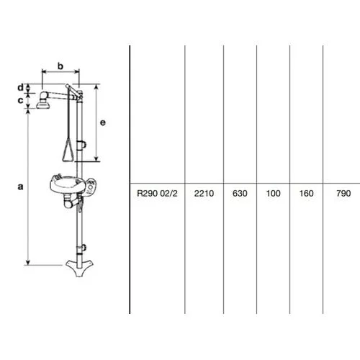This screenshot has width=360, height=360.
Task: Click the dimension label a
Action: point(21,186)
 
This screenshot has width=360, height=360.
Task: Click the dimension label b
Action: point(60,66)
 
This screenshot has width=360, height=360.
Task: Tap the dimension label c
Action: point(21,100)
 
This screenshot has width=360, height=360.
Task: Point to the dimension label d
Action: point(21,87)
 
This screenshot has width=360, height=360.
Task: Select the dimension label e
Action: point(102,122)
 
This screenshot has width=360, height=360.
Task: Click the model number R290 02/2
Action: point(157,193)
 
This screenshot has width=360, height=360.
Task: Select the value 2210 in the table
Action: point(204,193)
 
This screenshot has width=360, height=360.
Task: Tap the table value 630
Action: point(240,193)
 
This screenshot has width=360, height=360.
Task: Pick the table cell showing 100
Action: point(273,193)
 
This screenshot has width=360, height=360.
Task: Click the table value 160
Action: point(306,193)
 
